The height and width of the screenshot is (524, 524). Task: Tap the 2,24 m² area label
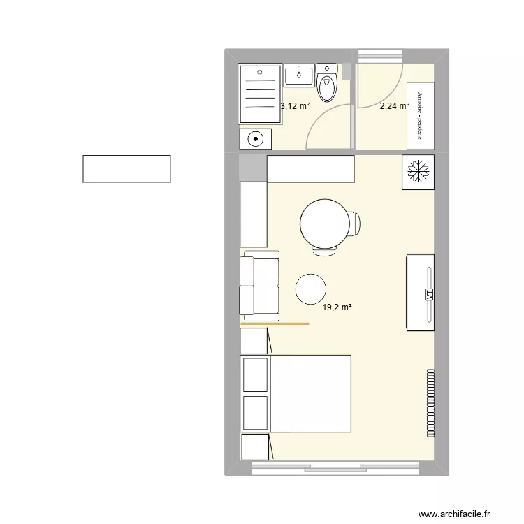pos(394,106)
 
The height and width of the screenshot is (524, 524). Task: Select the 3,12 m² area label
pos(295,106)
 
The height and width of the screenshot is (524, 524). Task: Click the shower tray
pos(260,93)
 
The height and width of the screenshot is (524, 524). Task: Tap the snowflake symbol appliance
pos(418,171)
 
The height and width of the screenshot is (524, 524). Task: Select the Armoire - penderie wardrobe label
pos(420,115)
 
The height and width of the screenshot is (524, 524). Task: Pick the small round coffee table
pos(311,289)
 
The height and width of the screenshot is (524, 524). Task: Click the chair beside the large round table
pos(356,224)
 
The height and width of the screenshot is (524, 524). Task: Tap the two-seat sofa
pos(259,285)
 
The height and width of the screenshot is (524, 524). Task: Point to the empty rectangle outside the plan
pos(126,169)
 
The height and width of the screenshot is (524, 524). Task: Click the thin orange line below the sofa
pos(275,324)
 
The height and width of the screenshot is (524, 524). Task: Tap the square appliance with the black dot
pos(256,139)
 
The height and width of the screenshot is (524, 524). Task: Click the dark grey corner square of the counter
pos(253,168)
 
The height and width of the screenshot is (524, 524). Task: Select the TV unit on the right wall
pos(421,292)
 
